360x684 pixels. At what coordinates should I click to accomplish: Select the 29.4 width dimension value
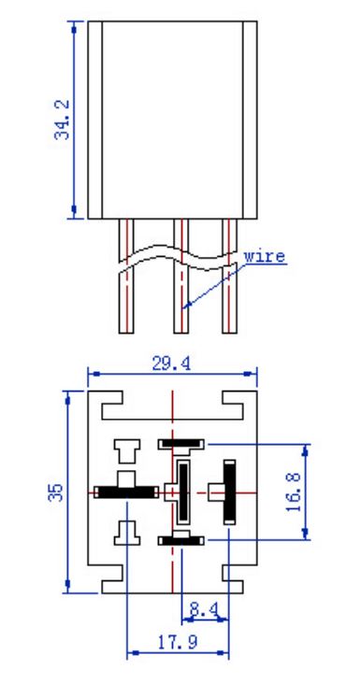pyautogui.click(x=171, y=363)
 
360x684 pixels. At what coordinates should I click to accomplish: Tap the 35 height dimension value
pyautogui.click(x=56, y=492)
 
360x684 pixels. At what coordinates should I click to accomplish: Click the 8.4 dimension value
pyautogui.click(x=202, y=609)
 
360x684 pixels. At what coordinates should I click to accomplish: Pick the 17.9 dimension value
pyautogui.click(x=177, y=642)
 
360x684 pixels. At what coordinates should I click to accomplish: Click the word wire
pyautogui.click(x=265, y=256)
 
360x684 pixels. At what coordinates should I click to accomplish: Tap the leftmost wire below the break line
pyautogui.click(x=126, y=302)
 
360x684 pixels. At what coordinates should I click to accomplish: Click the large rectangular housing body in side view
pyautogui.click(x=172, y=120)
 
